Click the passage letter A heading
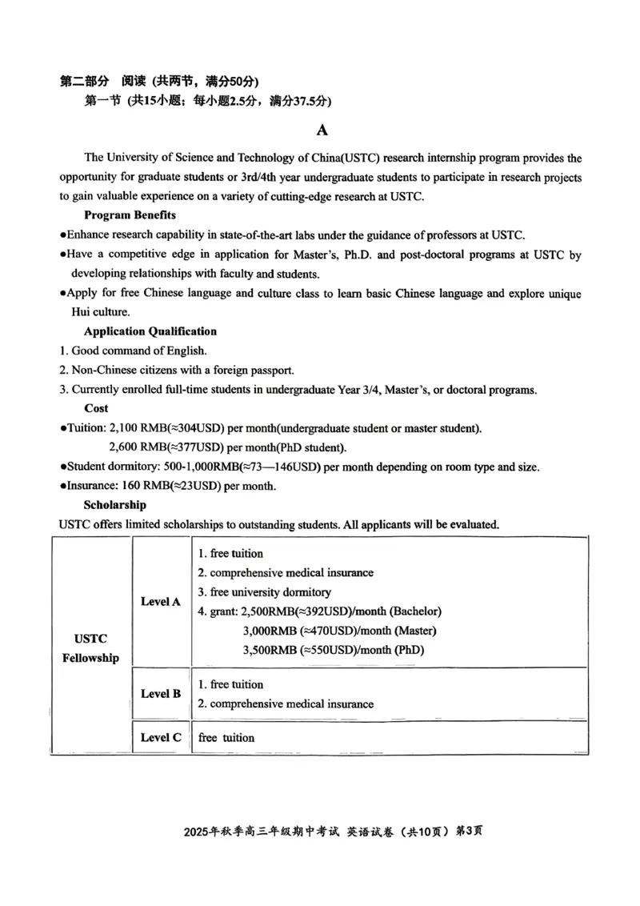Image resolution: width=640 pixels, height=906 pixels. tap(322, 130)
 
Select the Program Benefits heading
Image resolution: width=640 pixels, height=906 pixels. tap(130, 214)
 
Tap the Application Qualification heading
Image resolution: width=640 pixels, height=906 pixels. tap(150, 331)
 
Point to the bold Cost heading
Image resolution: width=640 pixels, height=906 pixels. tap(96, 408)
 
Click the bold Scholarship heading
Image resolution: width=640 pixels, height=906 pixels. tap(115, 505)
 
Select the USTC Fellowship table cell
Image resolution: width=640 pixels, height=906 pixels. tap(91, 648)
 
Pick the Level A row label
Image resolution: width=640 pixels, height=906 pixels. tap(161, 601)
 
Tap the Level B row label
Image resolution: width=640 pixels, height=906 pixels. tap(161, 694)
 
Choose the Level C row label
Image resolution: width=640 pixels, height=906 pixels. tap(161, 738)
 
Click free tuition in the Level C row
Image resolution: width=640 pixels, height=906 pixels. tap(226, 738)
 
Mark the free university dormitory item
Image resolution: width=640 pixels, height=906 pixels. tap(264, 592)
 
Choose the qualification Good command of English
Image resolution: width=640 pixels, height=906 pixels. tap(138, 351)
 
